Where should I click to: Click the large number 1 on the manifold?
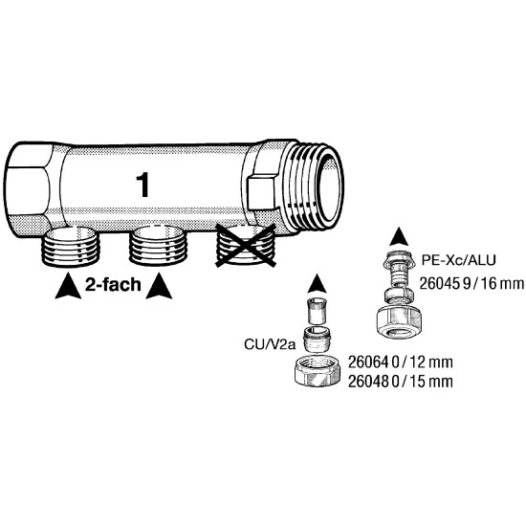pos(143,186)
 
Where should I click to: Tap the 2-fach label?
pos(113,285)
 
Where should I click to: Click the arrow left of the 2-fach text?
pos(68,286)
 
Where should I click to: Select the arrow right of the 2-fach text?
pos(159,286)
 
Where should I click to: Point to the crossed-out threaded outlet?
pos(246,246)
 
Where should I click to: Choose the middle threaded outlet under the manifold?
pos(158,246)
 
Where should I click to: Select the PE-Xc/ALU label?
pos(458,260)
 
